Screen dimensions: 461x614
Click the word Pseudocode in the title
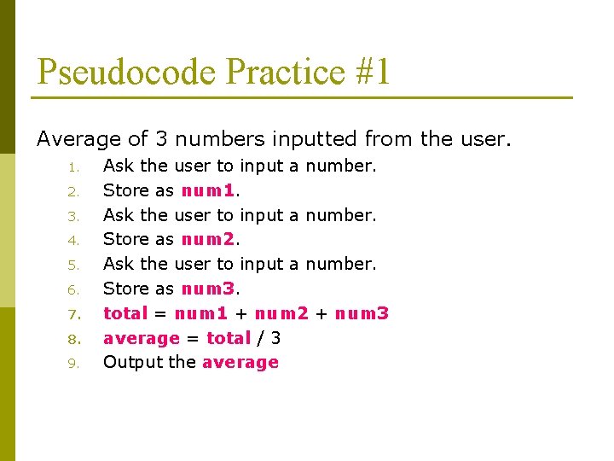pyautogui.click(x=127, y=72)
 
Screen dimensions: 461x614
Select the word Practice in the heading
pyautogui.click(x=286, y=72)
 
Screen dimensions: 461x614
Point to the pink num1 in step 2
pyautogui.click(x=208, y=190)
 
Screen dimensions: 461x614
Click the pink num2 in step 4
pyautogui.click(x=208, y=240)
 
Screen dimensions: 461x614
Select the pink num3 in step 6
pyautogui.click(x=208, y=289)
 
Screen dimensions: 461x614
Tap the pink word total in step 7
pyautogui.click(x=125, y=313)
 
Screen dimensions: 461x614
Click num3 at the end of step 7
pyautogui.click(x=362, y=313)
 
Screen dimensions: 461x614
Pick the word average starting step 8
pyautogui.click(x=141, y=338)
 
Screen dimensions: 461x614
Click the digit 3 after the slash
pyautogui.click(x=275, y=338)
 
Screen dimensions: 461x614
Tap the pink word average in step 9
pyautogui.click(x=240, y=363)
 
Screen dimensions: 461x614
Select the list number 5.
pyautogui.click(x=74, y=266)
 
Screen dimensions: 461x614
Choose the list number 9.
pyautogui.click(x=74, y=364)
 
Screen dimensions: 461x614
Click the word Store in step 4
pyautogui.click(x=125, y=240)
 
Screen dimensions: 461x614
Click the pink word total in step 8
pyautogui.click(x=229, y=338)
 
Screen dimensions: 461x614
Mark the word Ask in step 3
pyautogui.click(x=118, y=215)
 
